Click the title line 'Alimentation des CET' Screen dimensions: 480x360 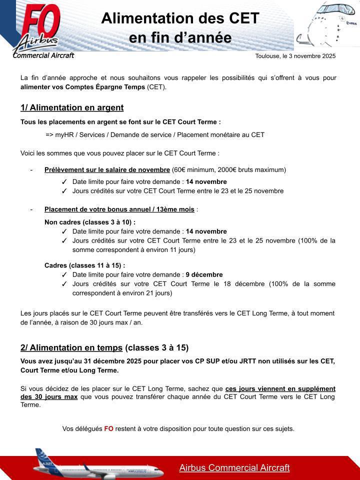(x=180, y=18)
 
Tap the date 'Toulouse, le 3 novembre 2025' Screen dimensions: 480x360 (x=295, y=56)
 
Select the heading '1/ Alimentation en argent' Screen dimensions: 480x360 (x=72, y=107)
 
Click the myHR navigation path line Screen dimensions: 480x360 (x=155, y=134)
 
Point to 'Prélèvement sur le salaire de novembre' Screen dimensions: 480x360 (x=107, y=169)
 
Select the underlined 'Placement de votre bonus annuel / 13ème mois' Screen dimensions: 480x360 (x=119, y=209)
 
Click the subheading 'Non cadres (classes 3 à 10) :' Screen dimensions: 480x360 (x=90, y=222)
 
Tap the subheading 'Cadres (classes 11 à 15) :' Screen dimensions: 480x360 (x=84, y=265)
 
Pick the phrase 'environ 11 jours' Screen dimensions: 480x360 (x=169, y=249)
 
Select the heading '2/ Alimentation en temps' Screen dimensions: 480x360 (x=71, y=347)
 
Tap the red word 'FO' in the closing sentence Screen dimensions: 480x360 (x=108, y=428)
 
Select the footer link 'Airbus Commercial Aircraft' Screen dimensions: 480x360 (x=234, y=468)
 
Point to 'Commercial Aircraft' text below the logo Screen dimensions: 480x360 (x=43, y=55)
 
